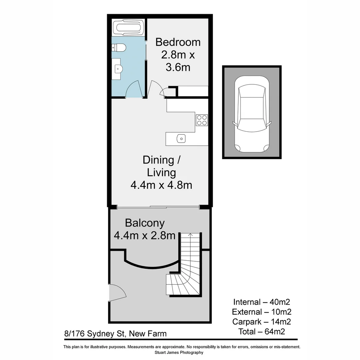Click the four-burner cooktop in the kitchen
(x=202, y=120)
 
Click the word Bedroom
(x=178, y=42)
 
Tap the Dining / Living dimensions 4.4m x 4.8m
(x=161, y=185)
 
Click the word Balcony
(x=145, y=223)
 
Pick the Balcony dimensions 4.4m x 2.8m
(x=145, y=236)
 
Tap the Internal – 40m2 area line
(x=262, y=302)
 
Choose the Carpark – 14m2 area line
(x=262, y=322)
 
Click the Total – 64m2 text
(x=262, y=331)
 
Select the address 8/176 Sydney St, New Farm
(x=115, y=334)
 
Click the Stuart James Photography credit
(x=179, y=352)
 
